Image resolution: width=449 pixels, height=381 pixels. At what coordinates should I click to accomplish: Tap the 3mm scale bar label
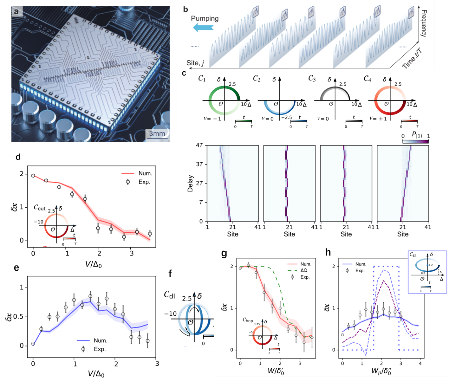(157, 134)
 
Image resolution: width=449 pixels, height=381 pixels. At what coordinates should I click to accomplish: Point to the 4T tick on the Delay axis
(199, 145)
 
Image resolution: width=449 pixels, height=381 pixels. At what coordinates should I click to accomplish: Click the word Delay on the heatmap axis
(191, 183)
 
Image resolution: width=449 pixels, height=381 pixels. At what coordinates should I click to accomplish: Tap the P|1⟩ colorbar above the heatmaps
(415, 141)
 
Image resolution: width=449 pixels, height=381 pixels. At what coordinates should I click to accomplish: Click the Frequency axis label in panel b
(424, 23)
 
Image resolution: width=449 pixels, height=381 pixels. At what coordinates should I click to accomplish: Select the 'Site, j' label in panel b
(195, 63)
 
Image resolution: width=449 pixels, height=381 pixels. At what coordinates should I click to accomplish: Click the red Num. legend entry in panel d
(136, 173)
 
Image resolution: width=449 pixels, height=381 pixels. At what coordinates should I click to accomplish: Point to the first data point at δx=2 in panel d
(33, 175)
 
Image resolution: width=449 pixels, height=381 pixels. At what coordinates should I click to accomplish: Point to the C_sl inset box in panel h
(427, 272)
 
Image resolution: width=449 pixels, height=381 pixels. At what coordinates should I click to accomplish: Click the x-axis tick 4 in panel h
(420, 363)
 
